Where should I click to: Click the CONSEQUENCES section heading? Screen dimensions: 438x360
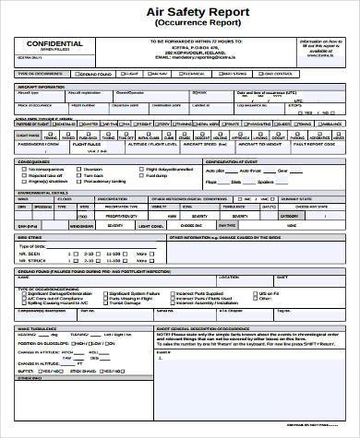coord(37,161)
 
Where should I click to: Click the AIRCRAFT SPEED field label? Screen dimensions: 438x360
coord(202,144)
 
